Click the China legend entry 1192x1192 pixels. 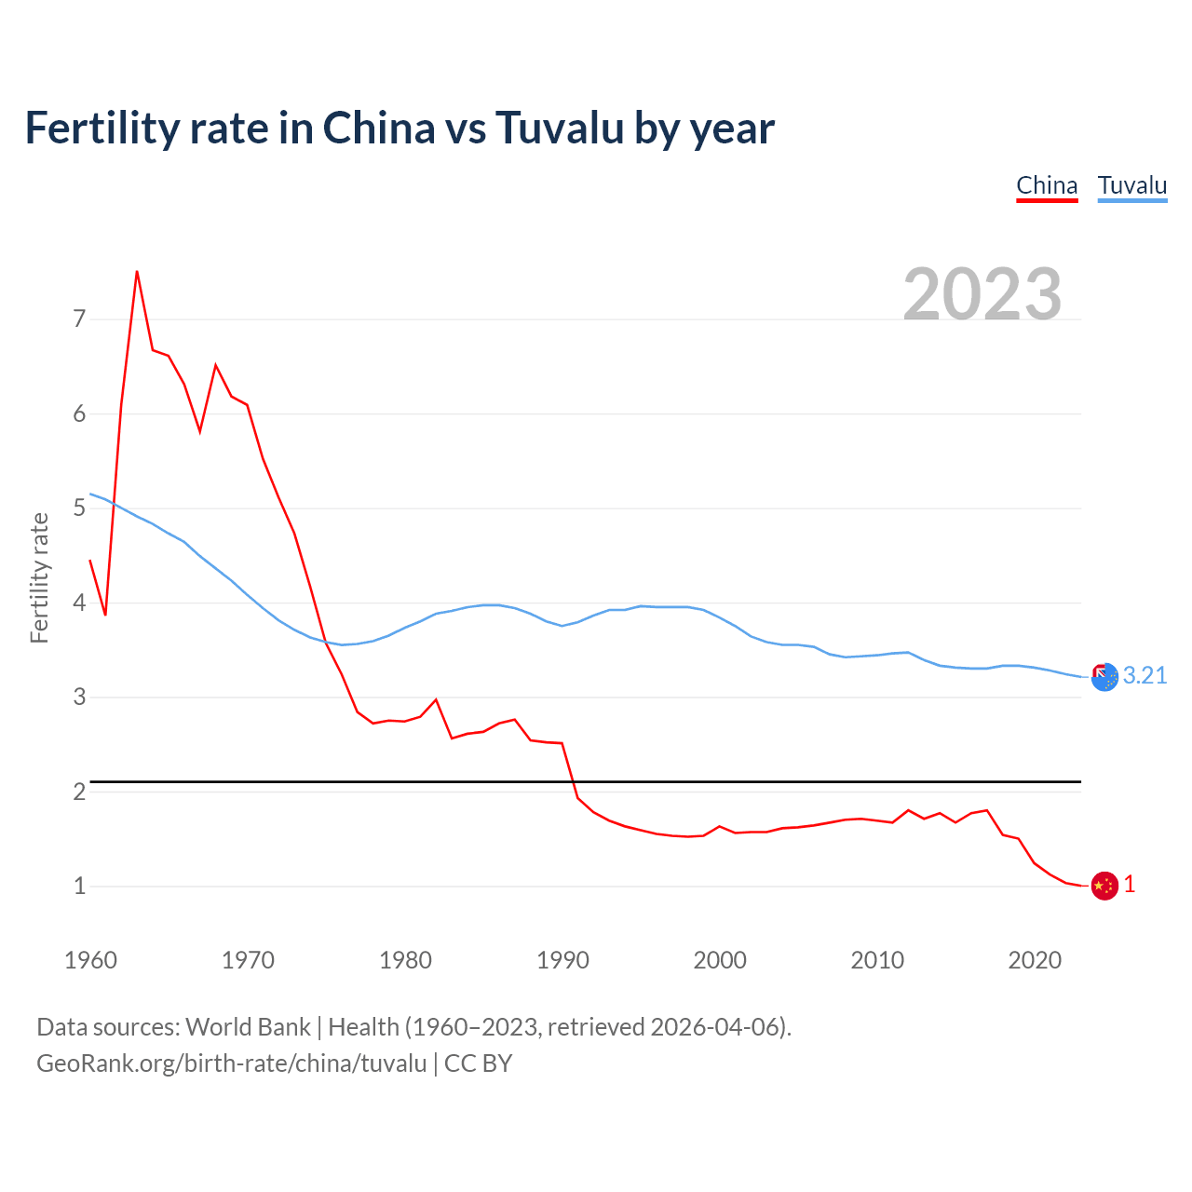(1047, 185)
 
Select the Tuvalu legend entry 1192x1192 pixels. (1132, 185)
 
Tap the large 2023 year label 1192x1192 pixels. (982, 294)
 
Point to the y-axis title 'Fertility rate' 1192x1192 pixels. (39, 577)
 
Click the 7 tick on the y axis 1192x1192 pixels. (79, 319)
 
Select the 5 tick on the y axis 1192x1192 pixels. (79, 508)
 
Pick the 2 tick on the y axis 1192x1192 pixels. (79, 792)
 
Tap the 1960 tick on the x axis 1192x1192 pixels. (90, 960)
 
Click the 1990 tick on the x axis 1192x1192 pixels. (562, 960)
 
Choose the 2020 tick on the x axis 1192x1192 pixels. (1035, 960)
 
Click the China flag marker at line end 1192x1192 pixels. (1104, 886)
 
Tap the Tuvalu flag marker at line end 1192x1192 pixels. (1104, 677)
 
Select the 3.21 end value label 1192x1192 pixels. (1145, 676)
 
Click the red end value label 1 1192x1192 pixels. (1130, 885)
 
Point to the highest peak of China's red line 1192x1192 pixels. (137, 272)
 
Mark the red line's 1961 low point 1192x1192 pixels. (105, 615)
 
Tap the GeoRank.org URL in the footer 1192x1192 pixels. (231, 1063)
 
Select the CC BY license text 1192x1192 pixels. (478, 1063)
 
